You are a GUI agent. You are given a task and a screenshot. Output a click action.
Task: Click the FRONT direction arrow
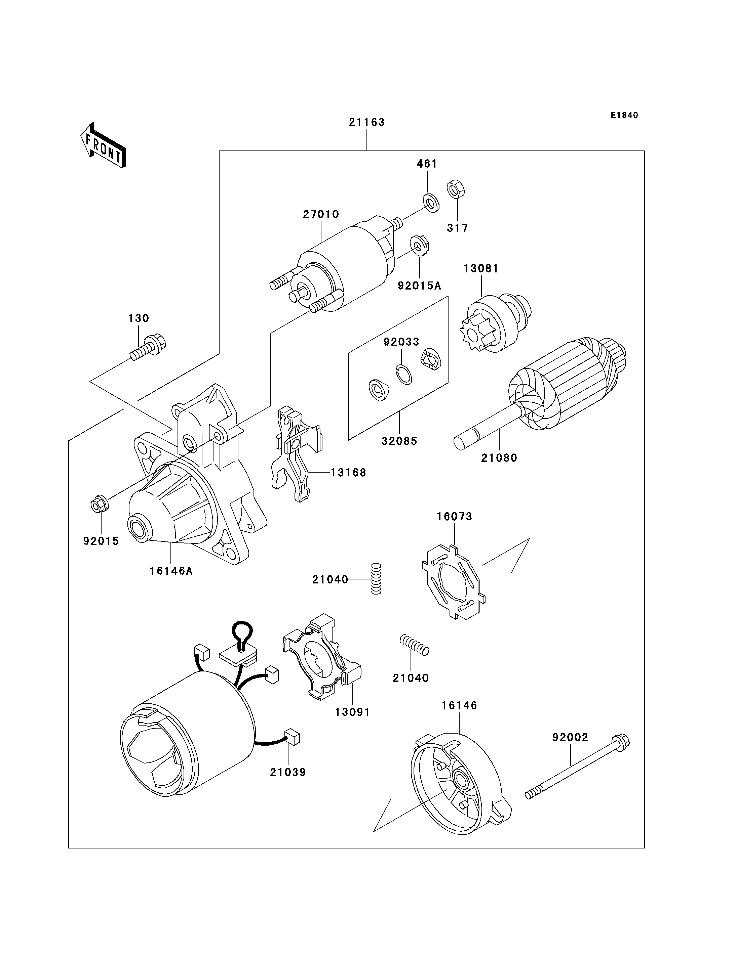[104, 146]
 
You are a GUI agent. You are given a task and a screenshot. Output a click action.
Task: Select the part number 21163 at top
[367, 122]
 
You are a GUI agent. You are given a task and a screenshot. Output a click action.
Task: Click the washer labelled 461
[431, 203]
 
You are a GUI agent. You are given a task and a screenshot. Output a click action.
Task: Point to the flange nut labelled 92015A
[419, 246]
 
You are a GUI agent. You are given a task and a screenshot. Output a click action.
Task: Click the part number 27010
[321, 214]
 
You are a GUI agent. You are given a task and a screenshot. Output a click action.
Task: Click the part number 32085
[399, 441]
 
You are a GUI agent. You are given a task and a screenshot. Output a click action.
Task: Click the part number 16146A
[171, 571]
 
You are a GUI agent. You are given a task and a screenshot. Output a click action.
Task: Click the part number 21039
[288, 772]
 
